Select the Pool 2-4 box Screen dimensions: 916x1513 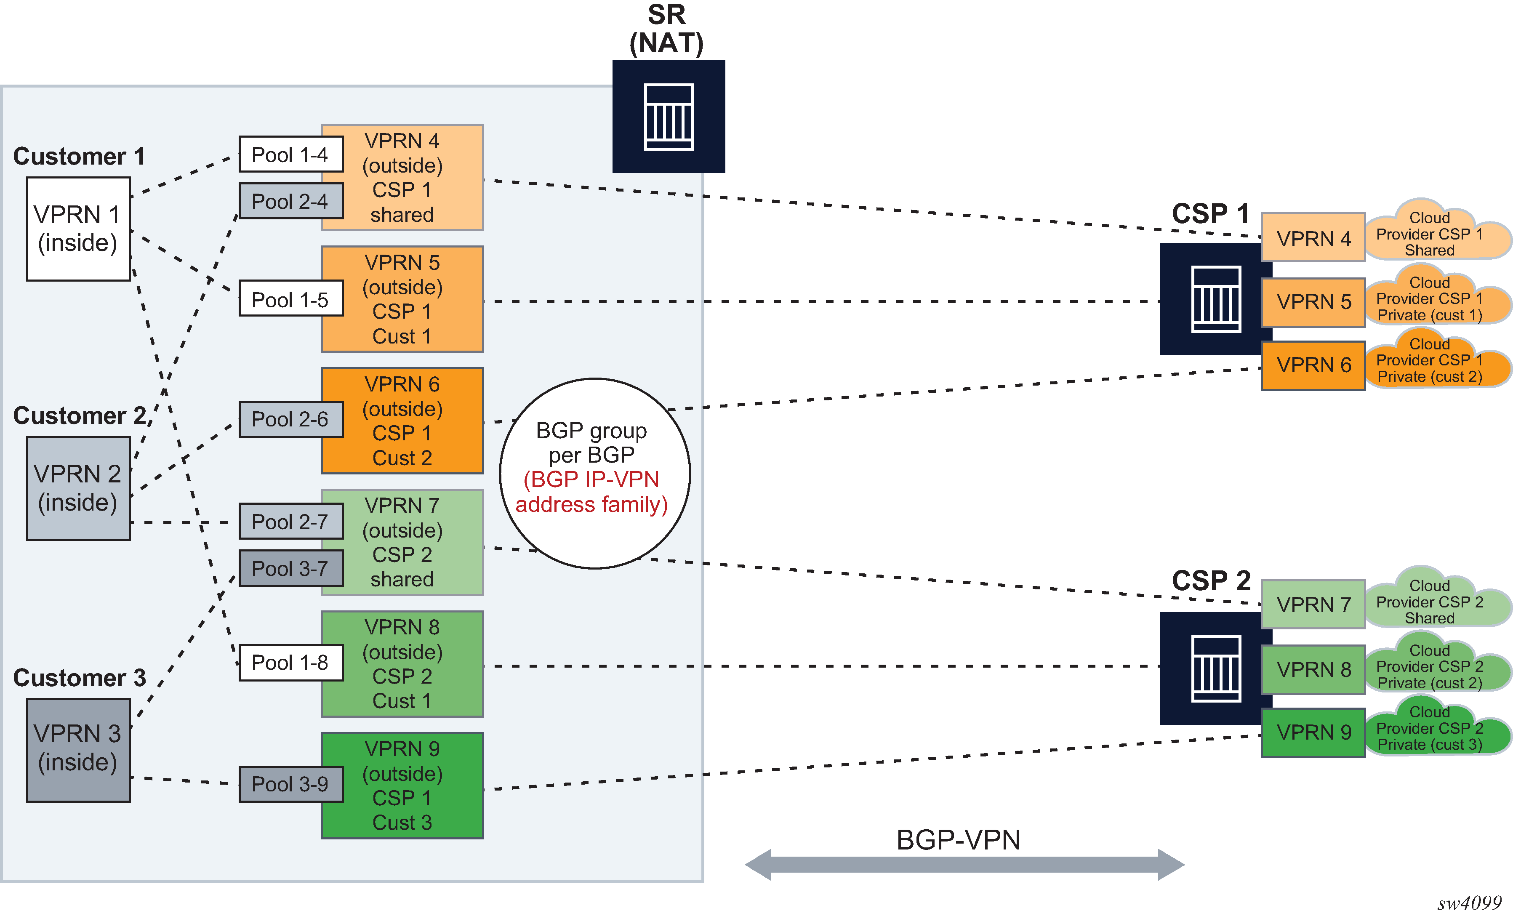(x=290, y=201)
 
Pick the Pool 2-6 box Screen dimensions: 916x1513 (x=290, y=419)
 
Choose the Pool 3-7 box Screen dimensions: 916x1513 (x=290, y=568)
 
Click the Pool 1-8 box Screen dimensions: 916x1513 (x=290, y=663)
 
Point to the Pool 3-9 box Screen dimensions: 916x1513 (x=290, y=784)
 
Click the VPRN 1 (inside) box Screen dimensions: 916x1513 (x=78, y=229)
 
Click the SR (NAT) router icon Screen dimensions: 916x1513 (x=669, y=117)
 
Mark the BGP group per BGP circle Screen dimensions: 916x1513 (x=594, y=473)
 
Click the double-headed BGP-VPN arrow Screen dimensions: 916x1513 (x=964, y=864)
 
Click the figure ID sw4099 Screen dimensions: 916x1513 (x=1469, y=903)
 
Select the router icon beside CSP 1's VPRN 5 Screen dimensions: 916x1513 (x=1215, y=299)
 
